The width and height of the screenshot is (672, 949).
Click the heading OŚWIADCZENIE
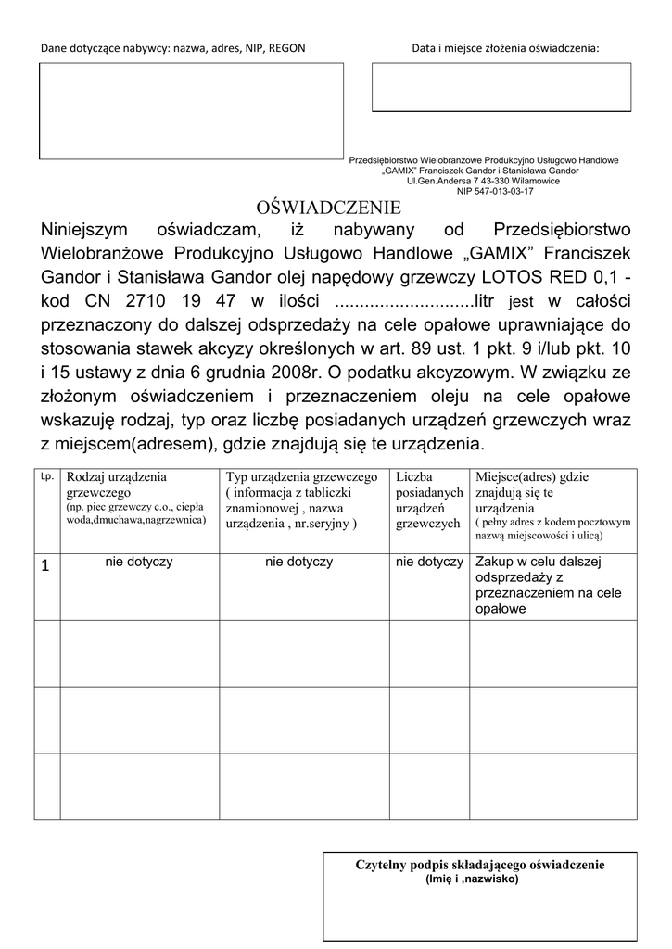[x=328, y=206]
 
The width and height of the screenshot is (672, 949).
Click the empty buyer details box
[x=191, y=109]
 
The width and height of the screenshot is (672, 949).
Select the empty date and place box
[x=501, y=87]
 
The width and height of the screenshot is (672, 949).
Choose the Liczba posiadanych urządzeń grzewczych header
[x=428, y=500]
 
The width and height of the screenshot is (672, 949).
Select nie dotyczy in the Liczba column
[x=428, y=562]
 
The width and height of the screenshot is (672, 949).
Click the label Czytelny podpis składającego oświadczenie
[x=479, y=864]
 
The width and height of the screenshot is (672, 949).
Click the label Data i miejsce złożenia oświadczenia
[x=505, y=48]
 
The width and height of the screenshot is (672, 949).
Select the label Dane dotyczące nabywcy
[x=171, y=48]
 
